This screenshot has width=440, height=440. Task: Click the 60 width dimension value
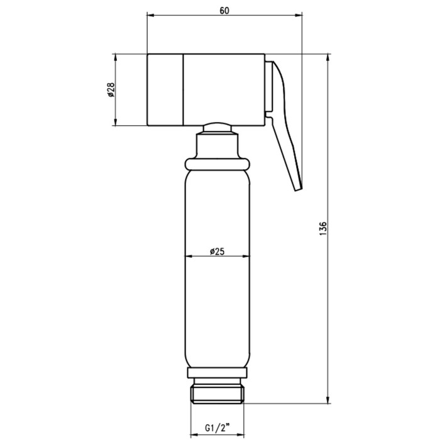[224, 11]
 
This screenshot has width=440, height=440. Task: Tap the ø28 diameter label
[111, 90]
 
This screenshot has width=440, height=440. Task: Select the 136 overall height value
[323, 228]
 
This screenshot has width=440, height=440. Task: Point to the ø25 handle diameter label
[217, 251]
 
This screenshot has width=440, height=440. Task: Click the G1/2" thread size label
[217, 428]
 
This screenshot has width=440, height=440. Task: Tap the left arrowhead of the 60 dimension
[151, 16]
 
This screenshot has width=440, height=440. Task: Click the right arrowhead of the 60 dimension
[298, 16]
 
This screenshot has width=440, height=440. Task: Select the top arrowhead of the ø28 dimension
[115, 58]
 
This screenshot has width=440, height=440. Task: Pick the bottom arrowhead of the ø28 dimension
[115, 121]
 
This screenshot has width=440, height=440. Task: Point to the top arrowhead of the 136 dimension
[327, 58]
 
